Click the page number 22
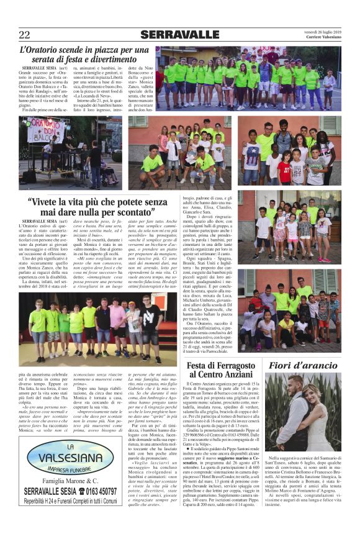click(x=24, y=34)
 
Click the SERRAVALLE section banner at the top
click(x=179, y=34)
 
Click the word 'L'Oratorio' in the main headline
click(x=40, y=50)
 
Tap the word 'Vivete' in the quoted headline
click(x=50, y=202)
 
